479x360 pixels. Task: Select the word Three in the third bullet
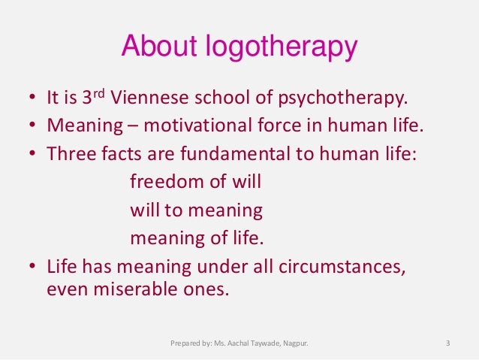[66, 154]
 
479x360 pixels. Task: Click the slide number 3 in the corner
[447, 345]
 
